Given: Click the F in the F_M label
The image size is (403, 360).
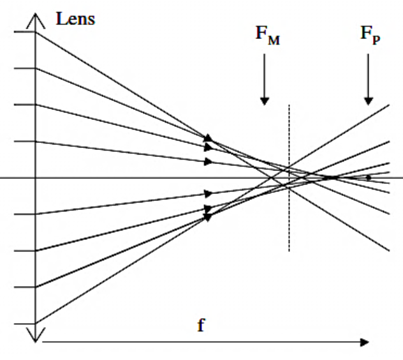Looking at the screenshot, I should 261,33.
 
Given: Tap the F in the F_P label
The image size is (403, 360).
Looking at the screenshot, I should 365,33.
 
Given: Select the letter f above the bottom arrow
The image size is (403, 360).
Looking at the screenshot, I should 200,326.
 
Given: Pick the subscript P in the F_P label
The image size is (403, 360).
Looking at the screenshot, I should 377,40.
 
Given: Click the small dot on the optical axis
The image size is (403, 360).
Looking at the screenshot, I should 369,177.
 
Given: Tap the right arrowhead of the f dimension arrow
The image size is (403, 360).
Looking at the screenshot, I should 365,341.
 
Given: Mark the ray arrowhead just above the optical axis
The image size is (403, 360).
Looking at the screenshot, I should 208,162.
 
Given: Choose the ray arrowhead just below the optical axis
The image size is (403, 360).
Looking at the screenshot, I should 208,192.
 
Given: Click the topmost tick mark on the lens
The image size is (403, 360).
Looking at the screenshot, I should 24,32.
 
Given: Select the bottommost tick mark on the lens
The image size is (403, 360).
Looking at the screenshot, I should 24,323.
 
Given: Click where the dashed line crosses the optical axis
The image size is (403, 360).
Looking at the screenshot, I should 289,177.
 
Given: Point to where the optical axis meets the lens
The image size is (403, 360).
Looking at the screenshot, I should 36,177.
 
